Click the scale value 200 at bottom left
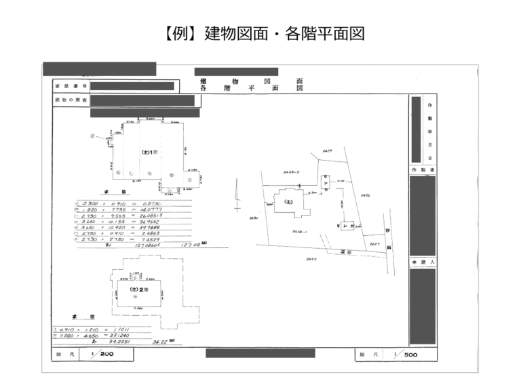pos(107,354)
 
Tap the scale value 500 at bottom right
pos(410,354)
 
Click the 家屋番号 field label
pos(71,87)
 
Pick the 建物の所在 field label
pos(71,100)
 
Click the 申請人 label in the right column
pos(423,261)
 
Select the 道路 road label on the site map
pos(345,251)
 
